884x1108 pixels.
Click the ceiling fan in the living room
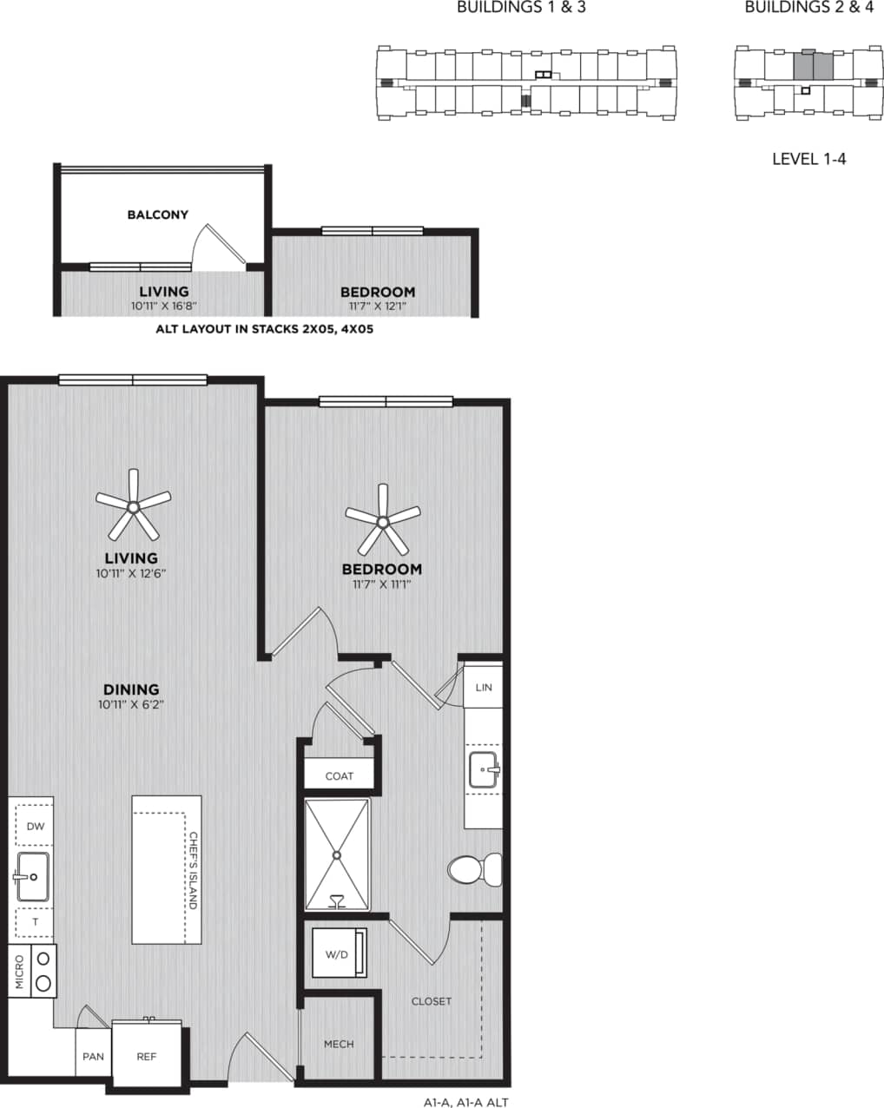click(133, 506)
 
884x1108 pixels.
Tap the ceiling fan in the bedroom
click(382, 522)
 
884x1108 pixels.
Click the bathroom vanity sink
click(484, 769)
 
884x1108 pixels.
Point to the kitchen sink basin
click(33, 876)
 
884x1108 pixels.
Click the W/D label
click(336, 954)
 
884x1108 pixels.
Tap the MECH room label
click(339, 1044)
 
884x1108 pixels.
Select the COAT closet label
click(339, 775)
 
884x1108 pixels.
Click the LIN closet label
click(484, 687)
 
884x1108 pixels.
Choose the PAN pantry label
click(93, 1057)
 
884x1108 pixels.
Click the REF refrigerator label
click(146, 1057)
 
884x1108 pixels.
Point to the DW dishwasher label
click(35, 827)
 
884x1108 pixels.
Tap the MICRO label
click(19, 972)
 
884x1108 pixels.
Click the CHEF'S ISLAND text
click(193, 871)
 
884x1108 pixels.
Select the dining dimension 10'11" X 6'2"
click(131, 705)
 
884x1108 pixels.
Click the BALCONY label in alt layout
click(157, 214)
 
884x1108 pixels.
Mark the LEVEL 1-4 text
click(808, 159)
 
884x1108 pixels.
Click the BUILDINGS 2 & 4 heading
click(808, 8)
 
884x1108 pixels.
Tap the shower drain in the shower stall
click(336, 854)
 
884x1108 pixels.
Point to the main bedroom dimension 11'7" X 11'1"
click(381, 584)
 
